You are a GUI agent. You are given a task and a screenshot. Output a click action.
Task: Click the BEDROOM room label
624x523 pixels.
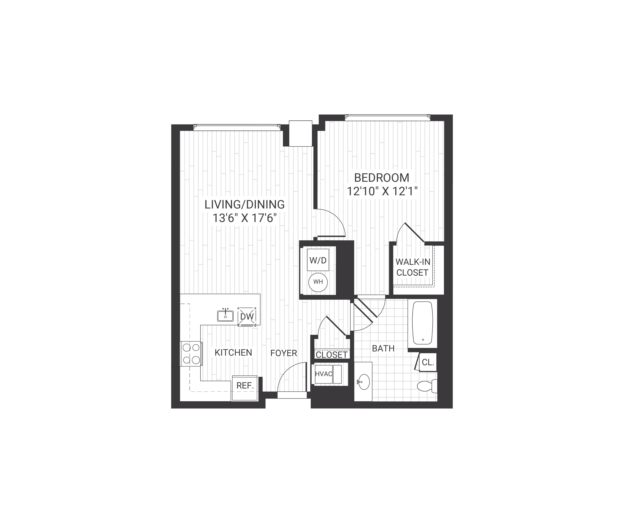(x=382, y=178)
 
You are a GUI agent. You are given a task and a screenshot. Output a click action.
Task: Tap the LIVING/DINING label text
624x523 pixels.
(x=245, y=205)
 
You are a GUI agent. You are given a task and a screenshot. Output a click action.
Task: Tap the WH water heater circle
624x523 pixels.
(x=318, y=282)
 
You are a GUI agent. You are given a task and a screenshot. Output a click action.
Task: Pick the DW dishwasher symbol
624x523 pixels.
(x=247, y=316)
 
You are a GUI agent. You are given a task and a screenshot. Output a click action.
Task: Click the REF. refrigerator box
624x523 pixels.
(x=245, y=386)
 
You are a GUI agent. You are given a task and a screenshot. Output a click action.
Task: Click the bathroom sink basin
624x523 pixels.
(x=364, y=382)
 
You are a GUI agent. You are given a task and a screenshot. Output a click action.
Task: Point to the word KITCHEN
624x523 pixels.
(x=233, y=353)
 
